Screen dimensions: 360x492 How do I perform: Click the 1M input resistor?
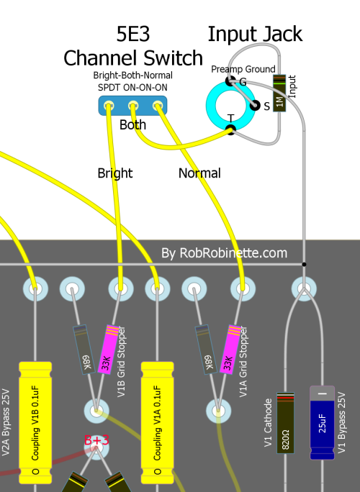[279, 94]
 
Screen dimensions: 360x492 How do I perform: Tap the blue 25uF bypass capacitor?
[323, 423]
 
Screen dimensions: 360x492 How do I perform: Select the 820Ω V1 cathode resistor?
[285, 423]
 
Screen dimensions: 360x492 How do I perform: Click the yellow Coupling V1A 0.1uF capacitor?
[158, 423]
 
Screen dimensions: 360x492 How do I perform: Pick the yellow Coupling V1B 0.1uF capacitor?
[35, 423]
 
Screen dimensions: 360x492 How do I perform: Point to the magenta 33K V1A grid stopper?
[230, 350]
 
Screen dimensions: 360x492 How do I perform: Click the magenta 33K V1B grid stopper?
[109, 350]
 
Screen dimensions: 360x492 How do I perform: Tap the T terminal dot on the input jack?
[231, 129]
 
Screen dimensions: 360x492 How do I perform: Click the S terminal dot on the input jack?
[255, 106]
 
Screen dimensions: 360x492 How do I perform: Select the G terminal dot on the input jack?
[230, 81]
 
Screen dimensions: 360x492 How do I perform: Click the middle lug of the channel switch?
[133, 106]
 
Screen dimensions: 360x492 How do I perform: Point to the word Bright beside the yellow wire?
[115, 173]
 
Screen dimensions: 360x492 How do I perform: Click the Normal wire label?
[199, 173]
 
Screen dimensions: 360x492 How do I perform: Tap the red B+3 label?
[96, 440]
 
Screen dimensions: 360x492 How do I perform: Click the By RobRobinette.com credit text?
[225, 253]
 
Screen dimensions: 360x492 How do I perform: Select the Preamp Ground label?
[243, 69]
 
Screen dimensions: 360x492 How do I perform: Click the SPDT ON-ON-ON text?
[132, 87]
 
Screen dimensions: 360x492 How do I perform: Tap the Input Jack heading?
[255, 34]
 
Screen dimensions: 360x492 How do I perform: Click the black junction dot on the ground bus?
[304, 264]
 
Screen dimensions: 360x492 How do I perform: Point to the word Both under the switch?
[133, 125]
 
